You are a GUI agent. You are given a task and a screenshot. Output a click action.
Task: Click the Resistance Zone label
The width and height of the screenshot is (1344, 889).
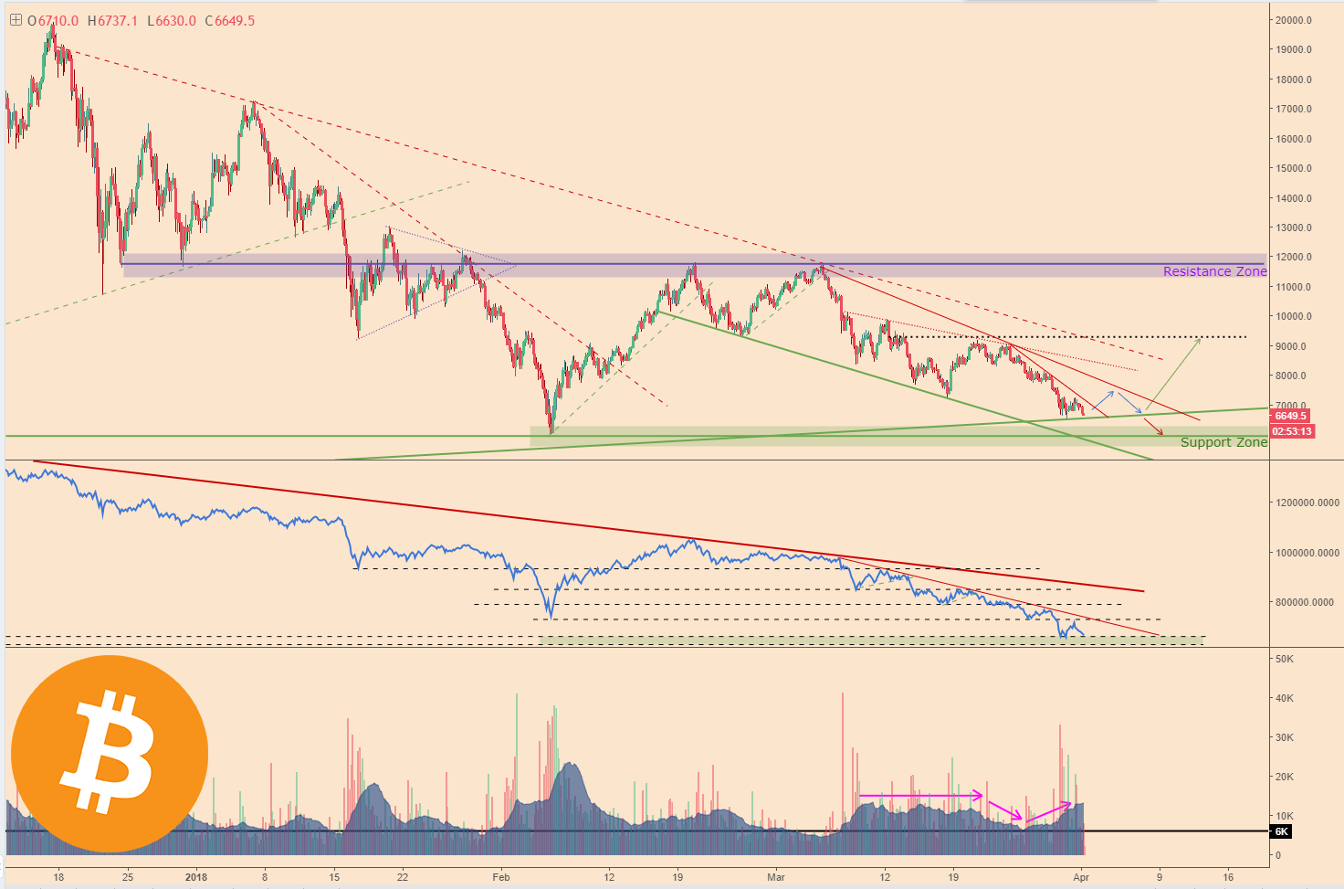(1214, 271)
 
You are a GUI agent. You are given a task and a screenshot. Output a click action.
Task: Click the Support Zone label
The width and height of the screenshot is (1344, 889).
(1223, 442)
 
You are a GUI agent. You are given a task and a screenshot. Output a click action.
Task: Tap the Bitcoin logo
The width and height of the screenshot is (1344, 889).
(110, 754)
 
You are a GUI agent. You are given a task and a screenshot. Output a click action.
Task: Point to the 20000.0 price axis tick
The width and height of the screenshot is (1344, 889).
(1294, 20)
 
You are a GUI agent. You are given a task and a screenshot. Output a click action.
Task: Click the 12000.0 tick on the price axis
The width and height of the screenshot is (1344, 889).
(1294, 258)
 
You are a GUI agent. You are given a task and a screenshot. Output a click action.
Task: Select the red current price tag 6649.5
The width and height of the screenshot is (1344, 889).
(1292, 417)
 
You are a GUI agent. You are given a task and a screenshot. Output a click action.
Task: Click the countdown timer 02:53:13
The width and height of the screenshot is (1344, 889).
(1292, 431)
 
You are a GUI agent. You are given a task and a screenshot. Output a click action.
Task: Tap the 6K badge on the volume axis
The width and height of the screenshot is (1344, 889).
(1281, 831)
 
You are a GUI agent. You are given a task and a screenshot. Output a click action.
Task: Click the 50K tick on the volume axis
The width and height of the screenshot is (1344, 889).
(1285, 659)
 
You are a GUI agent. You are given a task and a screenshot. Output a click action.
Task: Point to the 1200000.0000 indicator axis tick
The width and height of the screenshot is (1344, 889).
(1307, 503)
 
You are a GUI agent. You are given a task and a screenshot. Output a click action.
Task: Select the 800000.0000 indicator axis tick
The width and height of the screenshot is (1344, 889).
(1307, 602)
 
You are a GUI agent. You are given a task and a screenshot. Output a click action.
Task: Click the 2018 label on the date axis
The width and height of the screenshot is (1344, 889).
(196, 877)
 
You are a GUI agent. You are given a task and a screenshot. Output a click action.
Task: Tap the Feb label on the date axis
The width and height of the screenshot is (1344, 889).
(500, 877)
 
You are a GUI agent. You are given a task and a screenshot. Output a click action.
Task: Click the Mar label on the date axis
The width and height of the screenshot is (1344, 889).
(776, 877)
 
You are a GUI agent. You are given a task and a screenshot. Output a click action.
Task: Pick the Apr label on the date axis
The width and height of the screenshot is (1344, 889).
(1081, 877)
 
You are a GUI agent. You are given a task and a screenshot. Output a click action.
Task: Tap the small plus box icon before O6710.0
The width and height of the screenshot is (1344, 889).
(16, 19)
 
